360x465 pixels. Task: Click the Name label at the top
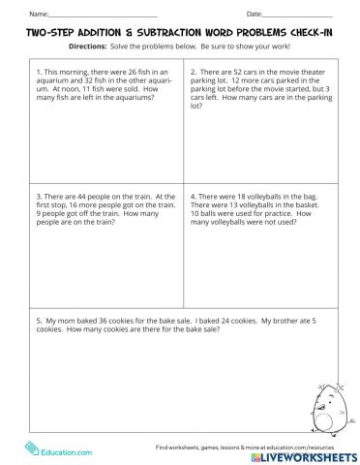tap(36, 14)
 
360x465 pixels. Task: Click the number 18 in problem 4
tap(242, 195)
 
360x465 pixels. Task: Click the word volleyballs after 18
tap(269, 195)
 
